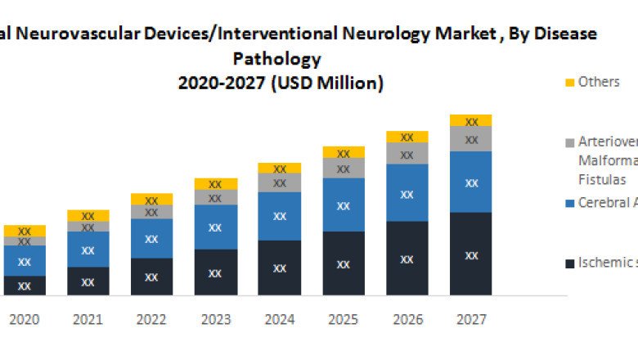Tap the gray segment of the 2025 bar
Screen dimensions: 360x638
click(344, 168)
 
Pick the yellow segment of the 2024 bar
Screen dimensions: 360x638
click(280, 168)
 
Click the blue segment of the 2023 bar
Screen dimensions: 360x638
click(216, 227)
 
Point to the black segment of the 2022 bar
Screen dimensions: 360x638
click(152, 277)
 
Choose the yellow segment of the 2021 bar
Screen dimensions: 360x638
click(88, 215)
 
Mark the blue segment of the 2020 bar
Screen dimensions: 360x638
click(25, 260)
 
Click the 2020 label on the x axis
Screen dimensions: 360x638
click(25, 319)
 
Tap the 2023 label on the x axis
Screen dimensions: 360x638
click(216, 319)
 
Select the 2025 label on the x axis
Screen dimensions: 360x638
click(344, 319)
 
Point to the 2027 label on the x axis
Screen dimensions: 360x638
click(471, 319)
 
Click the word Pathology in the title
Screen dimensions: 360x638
click(276, 59)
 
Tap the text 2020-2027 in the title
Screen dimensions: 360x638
click(221, 83)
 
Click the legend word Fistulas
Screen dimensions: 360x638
click(602, 179)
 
